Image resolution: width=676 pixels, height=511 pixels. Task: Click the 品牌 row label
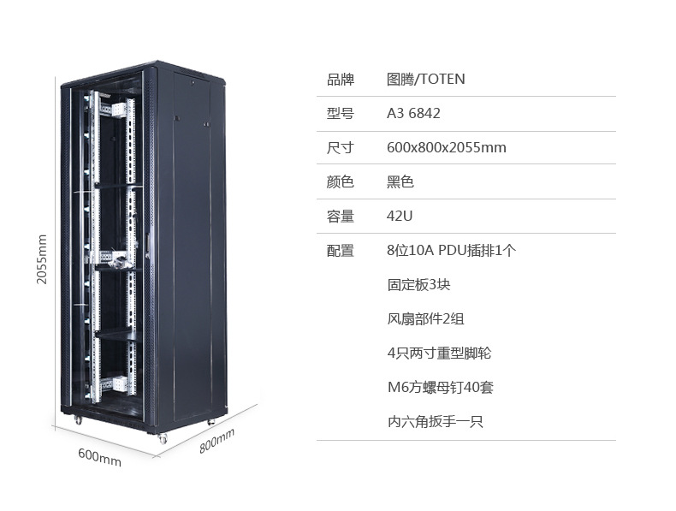click(x=340, y=80)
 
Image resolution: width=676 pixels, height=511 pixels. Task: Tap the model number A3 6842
click(x=413, y=113)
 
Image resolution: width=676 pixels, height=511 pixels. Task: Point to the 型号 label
click(x=340, y=113)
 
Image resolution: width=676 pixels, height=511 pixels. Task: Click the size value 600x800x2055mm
click(x=446, y=147)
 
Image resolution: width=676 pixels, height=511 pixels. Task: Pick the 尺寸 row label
click(x=340, y=147)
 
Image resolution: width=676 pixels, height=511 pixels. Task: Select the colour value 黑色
click(x=400, y=181)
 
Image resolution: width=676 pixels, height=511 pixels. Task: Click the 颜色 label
click(x=340, y=181)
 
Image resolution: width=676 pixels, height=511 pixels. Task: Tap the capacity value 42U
click(x=400, y=216)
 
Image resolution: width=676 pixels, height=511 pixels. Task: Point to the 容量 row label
click(x=340, y=216)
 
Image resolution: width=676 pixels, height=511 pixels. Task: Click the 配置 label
click(x=340, y=250)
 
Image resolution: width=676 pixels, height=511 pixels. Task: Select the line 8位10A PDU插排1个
click(x=451, y=250)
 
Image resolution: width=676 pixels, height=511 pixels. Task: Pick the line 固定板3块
click(x=418, y=284)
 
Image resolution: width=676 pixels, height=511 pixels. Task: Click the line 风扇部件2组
click(x=425, y=318)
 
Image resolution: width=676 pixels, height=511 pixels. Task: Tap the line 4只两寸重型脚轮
click(x=439, y=353)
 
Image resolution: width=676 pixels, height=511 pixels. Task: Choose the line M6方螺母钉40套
click(x=440, y=387)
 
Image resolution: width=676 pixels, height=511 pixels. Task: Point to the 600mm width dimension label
click(x=99, y=458)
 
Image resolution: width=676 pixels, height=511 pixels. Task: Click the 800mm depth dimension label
click(x=216, y=443)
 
